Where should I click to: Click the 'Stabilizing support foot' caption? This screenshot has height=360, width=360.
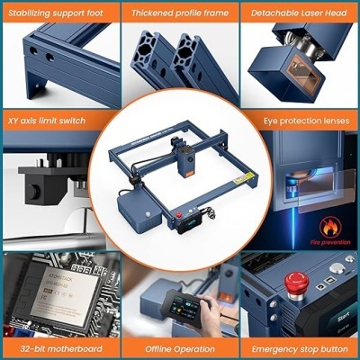pos(59,13)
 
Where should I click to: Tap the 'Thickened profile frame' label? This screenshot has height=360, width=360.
pos(179,13)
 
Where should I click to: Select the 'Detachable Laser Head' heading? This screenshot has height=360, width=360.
pos(300,13)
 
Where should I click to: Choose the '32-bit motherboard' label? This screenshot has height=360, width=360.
pos(59,346)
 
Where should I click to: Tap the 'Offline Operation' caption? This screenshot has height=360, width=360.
pos(179,346)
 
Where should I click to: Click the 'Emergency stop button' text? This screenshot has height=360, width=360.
pos(300,346)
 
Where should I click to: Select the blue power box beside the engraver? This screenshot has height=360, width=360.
pos(139,211)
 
